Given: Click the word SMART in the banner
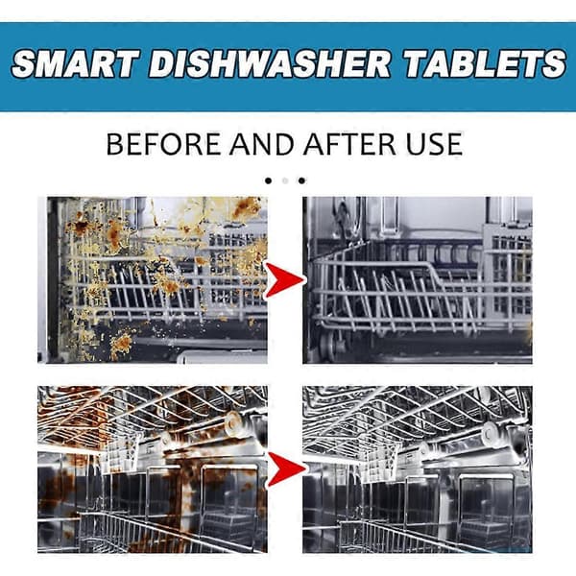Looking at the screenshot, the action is (x=76, y=64).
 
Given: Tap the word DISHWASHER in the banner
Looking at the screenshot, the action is (x=269, y=64).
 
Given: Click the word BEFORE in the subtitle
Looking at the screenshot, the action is (x=164, y=144).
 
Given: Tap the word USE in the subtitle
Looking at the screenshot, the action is (x=434, y=144).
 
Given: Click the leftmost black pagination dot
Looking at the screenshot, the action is (x=269, y=180).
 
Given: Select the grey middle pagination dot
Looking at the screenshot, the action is (x=285, y=180).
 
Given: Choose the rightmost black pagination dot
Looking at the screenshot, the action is (x=301, y=180).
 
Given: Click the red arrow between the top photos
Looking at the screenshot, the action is (x=285, y=280).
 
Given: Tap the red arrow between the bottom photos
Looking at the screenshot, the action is (x=286, y=469).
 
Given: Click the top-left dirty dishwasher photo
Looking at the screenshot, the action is (x=153, y=280).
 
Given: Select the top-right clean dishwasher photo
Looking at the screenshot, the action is (x=418, y=280).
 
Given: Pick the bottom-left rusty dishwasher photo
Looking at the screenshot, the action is (x=153, y=469).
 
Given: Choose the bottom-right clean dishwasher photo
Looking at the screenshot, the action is (x=418, y=469).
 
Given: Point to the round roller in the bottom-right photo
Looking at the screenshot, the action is (x=490, y=430).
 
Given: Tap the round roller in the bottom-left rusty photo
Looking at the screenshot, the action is (x=233, y=420).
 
